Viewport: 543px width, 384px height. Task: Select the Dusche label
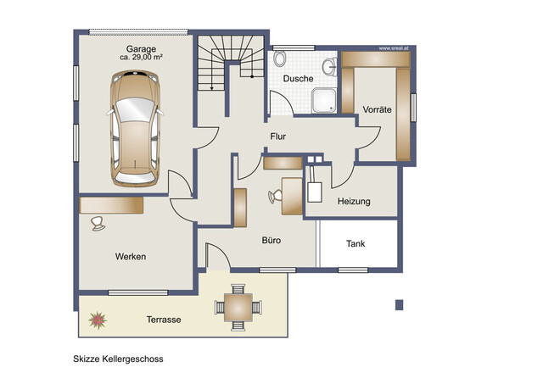point(298,79)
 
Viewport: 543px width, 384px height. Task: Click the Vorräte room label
point(377,110)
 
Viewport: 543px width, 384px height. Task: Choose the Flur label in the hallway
point(277,136)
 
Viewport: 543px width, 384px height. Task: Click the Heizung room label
point(354,202)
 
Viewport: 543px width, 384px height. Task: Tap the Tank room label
point(355,243)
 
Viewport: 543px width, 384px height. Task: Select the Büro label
point(271,241)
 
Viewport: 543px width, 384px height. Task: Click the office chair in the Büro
point(276,196)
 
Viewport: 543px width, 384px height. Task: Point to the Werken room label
point(131,256)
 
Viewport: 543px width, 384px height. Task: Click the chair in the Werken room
point(97,223)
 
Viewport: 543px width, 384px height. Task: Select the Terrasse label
point(163,320)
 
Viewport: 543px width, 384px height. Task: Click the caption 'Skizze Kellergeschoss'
point(117,359)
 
